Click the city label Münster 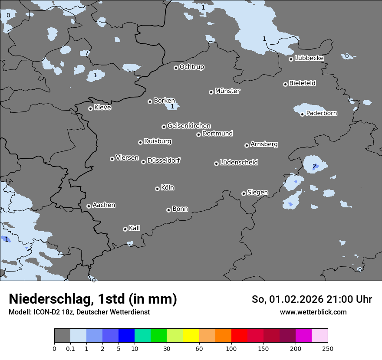tap(227, 91)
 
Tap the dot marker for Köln tap(157, 189)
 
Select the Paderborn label tap(321, 114)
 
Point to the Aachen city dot tap(89, 206)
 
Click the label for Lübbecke tap(309, 58)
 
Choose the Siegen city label tap(257, 193)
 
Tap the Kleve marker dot tap(90, 108)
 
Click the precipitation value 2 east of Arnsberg tap(314, 166)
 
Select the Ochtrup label tap(191, 67)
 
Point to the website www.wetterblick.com tap(313, 312)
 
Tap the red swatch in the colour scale tap(239, 336)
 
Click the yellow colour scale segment tap(191, 336)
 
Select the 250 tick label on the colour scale tap(328, 348)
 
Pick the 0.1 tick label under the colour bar tap(70, 348)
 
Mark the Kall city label tap(135, 228)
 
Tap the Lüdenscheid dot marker tap(216, 164)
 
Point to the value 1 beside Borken tap(172, 106)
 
